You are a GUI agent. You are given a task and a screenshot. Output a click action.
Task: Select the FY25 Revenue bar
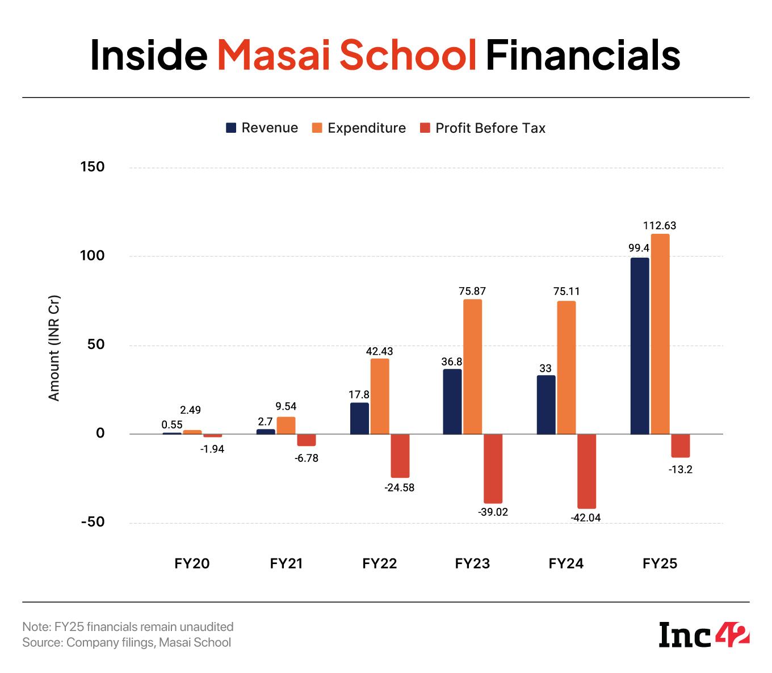[640, 346]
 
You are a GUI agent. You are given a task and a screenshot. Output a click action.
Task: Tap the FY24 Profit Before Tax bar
[587, 471]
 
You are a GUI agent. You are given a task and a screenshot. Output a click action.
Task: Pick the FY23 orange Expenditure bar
[472, 367]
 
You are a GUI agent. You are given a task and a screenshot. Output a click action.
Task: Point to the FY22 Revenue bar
[359, 418]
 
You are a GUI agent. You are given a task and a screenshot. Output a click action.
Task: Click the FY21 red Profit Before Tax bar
[307, 440]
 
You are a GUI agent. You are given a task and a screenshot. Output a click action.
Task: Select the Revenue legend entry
[262, 128]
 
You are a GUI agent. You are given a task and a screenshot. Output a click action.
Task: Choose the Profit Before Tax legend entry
[482, 128]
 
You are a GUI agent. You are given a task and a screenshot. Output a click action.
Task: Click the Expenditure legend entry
[359, 128]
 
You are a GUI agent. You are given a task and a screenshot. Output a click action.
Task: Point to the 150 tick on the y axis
[93, 167]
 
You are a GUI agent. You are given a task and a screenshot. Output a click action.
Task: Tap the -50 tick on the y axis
[93, 522]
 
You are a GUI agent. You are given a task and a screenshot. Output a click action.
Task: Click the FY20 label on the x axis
[192, 563]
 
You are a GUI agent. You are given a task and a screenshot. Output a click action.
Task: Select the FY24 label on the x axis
[566, 563]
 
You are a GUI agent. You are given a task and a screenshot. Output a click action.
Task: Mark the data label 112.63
[660, 226]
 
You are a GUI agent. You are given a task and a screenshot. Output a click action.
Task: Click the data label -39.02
[493, 512]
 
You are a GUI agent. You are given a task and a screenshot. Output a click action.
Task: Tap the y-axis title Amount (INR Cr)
[54, 348]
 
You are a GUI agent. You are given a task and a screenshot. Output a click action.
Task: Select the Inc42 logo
[704, 634]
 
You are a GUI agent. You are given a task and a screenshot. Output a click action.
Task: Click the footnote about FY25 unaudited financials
[128, 627]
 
